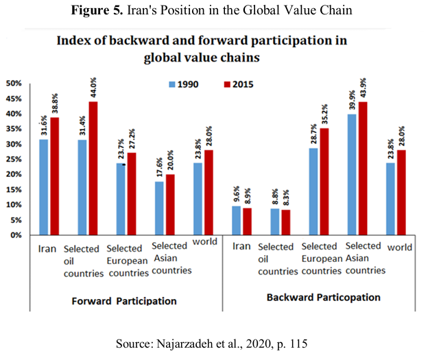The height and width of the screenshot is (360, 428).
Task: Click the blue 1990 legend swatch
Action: point(174,84)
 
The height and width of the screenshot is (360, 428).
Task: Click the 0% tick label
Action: point(16,235)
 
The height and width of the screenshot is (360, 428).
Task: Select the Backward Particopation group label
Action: point(322,298)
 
